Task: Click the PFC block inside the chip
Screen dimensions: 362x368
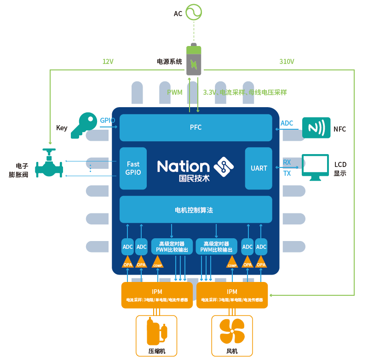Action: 195,127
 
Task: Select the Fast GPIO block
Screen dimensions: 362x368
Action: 133,168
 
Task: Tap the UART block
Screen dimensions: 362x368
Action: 259,168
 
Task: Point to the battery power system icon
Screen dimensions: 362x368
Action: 194,60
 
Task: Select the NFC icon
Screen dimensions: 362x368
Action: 316,127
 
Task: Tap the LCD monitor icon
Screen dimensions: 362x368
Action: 315,167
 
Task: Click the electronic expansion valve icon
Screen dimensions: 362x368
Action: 49,164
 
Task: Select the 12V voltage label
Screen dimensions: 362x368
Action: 108,62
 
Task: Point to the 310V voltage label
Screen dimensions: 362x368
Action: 287,62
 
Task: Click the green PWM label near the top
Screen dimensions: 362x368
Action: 174,92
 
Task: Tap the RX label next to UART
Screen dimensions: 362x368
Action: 287,162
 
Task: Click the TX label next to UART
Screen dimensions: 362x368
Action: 287,173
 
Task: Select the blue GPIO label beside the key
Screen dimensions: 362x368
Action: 107,121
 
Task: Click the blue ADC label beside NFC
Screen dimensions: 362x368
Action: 287,123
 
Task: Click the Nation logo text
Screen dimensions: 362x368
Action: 184,167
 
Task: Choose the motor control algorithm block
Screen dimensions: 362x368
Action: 194,210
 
